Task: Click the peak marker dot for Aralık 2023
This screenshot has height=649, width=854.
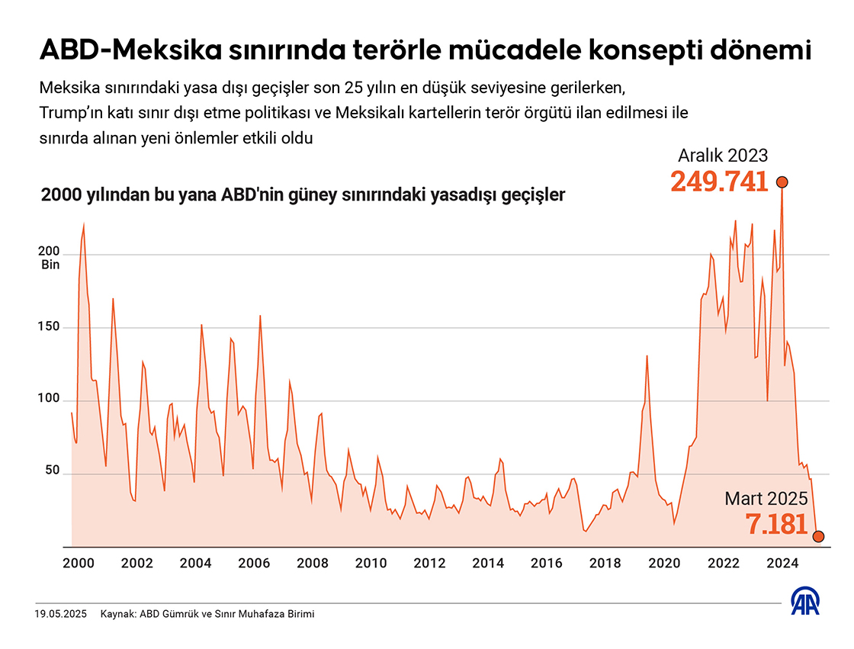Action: tap(782, 182)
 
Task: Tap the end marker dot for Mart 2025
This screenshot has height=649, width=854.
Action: tap(819, 536)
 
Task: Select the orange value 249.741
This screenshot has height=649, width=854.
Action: tap(719, 182)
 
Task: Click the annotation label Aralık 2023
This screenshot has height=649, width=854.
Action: tap(723, 156)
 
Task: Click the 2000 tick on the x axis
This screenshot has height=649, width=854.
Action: tap(78, 564)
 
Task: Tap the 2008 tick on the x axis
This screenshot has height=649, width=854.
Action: tap(312, 564)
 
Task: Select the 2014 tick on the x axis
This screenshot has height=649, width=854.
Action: tap(488, 564)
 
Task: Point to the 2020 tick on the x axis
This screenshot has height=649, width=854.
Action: tap(664, 564)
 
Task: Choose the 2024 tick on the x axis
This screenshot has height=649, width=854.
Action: tap(782, 564)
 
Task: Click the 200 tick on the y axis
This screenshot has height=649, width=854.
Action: tap(50, 252)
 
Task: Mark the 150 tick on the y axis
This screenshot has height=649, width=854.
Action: tap(50, 327)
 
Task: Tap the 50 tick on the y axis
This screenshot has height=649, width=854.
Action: tap(53, 471)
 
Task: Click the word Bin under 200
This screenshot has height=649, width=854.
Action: tap(50, 265)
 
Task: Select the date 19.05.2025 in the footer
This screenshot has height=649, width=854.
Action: tap(61, 614)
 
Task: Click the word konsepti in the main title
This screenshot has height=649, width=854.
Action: tap(618, 52)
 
